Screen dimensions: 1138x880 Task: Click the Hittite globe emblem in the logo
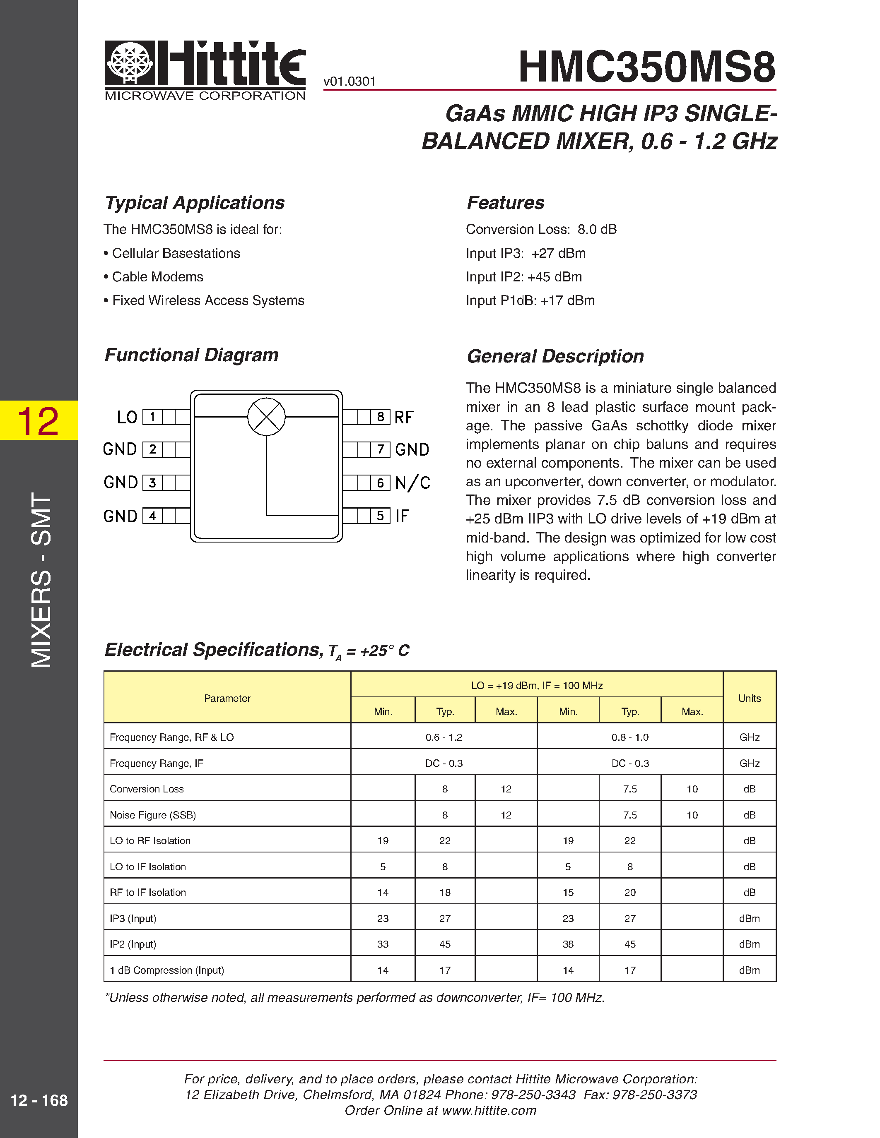click(130, 62)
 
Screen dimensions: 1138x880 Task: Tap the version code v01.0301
click(349, 82)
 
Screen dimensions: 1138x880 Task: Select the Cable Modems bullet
click(157, 277)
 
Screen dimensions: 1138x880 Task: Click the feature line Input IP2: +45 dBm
click(523, 277)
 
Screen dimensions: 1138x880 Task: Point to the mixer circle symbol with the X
click(266, 417)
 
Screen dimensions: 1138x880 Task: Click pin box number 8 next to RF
click(381, 417)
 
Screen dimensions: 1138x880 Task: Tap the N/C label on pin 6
click(412, 483)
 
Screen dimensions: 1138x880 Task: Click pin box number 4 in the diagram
click(152, 516)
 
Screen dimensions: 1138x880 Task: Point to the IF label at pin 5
click(402, 516)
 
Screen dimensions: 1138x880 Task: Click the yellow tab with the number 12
click(39, 420)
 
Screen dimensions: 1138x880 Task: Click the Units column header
click(749, 698)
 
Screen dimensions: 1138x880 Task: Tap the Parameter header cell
click(227, 698)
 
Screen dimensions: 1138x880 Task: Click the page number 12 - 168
click(39, 1100)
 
